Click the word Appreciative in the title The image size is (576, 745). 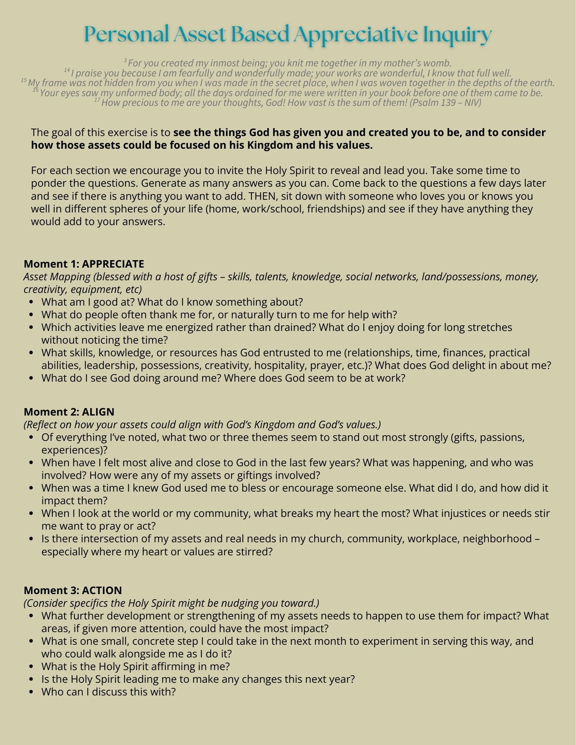[355, 35]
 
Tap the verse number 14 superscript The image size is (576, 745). [67, 70]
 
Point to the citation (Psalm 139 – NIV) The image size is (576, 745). [445, 102]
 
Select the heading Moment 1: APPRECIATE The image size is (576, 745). [84, 264]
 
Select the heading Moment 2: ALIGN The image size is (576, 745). [69, 412]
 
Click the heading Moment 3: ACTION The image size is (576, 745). [73, 590]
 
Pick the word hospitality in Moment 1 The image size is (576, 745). [282, 365]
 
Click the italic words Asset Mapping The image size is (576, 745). [57, 277]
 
